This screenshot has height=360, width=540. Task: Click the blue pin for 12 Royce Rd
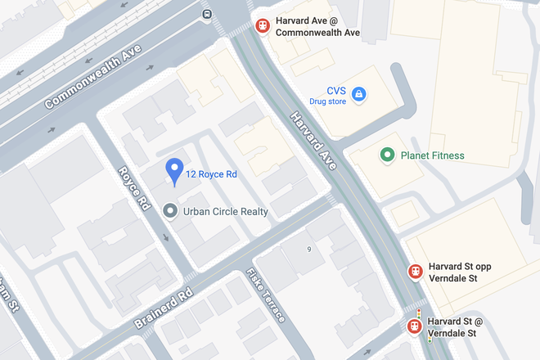click(x=173, y=171)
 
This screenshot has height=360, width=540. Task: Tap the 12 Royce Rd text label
click(x=211, y=174)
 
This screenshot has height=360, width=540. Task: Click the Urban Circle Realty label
click(x=226, y=211)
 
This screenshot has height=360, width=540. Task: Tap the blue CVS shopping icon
click(x=358, y=96)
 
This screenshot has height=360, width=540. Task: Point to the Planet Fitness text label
click(x=432, y=155)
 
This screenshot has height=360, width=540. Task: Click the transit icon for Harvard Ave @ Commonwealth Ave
click(x=263, y=25)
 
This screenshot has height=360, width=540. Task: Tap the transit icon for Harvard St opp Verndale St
click(x=416, y=272)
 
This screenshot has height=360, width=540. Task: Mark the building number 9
click(x=309, y=249)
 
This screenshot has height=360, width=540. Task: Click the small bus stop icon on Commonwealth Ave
click(x=207, y=14)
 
